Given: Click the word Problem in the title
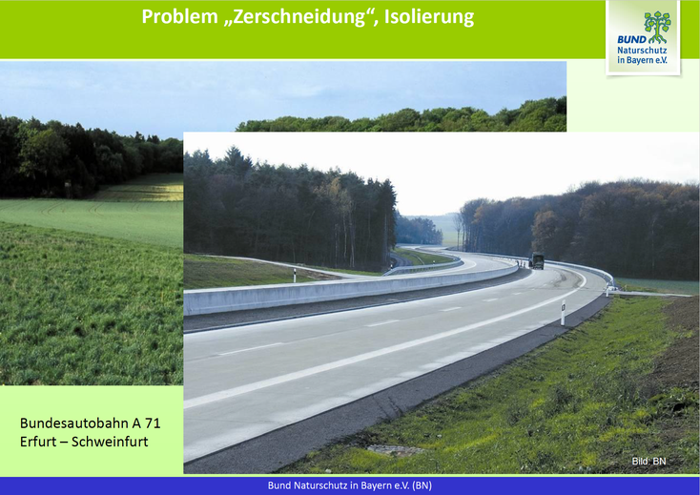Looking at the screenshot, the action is pyautogui.click(x=179, y=17).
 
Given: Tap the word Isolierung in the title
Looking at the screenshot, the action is pyautogui.click(x=429, y=17).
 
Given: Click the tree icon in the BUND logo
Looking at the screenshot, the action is pyautogui.click(x=657, y=27).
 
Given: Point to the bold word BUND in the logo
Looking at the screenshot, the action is pyautogui.click(x=631, y=40).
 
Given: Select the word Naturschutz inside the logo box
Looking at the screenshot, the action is pyautogui.click(x=642, y=51).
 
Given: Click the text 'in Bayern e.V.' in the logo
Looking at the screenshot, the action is pyautogui.click(x=642, y=60).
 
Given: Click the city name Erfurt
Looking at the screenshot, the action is pyautogui.click(x=37, y=442).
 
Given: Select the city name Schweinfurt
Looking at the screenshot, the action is pyautogui.click(x=110, y=442).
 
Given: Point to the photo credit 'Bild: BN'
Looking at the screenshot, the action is pyautogui.click(x=649, y=461).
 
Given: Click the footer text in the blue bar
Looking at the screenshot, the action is pyautogui.click(x=350, y=485).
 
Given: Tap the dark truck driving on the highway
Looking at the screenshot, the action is pyautogui.click(x=537, y=261).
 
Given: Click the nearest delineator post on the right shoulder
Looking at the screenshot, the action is pyautogui.click(x=563, y=313).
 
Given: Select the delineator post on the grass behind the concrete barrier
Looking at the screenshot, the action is pyautogui.click(x=294, y=275).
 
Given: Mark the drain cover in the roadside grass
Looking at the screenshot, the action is pyautogui.click(x=396, y=450).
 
